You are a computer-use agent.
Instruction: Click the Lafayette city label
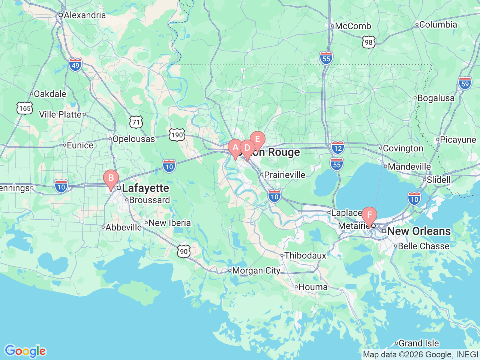pyautogui.click(x=145, y=188)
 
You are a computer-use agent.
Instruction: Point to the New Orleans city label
pyautogui.click(x=419, y=231)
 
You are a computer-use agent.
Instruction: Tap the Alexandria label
pyautogui.click(x=85, y=15)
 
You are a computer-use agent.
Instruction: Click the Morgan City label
pyautogui.click(x=256, y=271)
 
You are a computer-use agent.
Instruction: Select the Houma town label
pyautogui.click(x=313, y=287)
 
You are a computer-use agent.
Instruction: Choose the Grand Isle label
pyautogui.click(x=418, y=343)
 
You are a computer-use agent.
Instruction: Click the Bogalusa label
pyautogui.click(x=436, y=98)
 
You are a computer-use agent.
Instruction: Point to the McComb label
pyautogui.click(x=353, y=26)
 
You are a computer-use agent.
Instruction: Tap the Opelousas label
pyautogui.click(x=133, y=139)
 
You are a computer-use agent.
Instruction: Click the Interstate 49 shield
pyautogui.click(x=75, y=65)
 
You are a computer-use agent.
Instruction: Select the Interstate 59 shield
pyautogui.click(x=465, y=83)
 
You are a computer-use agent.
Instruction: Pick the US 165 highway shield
pyautogui.click(x=25, y=108)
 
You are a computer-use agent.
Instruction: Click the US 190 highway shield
pyautogui.click(x=177, y=135)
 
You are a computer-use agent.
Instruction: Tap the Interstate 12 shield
pyautogui.click(x=338, y=148)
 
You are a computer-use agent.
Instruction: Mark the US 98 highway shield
pyautogui.click(x=369, y=42)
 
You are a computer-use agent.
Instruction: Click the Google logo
pyautogui.click(x=25, y=351)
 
